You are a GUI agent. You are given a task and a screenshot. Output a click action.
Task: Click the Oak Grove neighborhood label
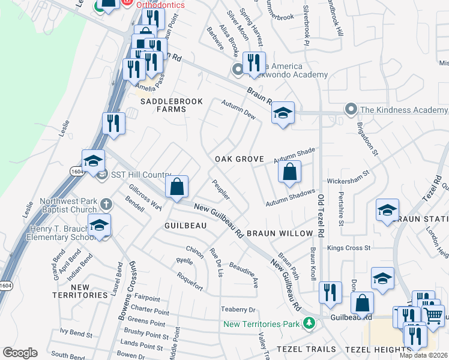[x=240, y=159]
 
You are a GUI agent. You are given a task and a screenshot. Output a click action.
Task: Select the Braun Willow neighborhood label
[x=280, y=233]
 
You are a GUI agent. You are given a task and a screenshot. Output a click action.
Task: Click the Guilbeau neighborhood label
[x=185, y=225]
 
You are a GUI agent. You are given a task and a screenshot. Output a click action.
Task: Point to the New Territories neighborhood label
[x=79, y=291]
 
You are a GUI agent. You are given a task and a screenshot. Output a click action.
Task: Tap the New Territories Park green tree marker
[x=309, y=324]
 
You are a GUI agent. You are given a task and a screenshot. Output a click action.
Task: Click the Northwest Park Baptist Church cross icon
[x=106, y=204]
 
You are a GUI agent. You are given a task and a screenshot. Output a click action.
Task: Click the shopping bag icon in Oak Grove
[x=289, y=172]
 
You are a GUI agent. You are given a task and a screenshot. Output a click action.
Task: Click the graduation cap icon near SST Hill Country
[x=94, y=161]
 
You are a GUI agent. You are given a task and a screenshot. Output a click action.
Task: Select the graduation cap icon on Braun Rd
[x=283, y=112]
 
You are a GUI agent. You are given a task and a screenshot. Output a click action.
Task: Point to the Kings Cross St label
[x=349, y=247]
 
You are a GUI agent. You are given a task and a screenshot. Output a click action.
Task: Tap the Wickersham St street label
[x=348, y=180]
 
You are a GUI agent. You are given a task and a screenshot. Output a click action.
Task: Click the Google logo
[x=20, y=353]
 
